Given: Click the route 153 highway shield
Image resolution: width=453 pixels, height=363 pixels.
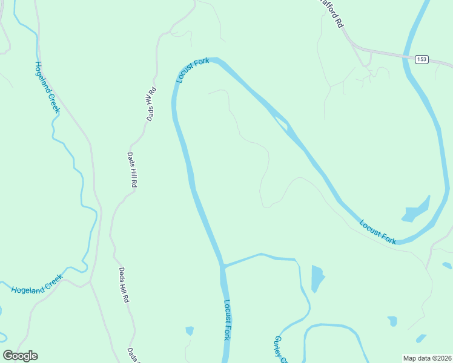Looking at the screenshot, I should point(422,59).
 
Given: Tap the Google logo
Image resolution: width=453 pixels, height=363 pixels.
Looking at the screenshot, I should point(20,356).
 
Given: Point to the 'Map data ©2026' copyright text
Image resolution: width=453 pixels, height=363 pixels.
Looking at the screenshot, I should point(427,358).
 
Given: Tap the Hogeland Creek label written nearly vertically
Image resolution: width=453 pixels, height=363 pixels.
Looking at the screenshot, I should point(47,87).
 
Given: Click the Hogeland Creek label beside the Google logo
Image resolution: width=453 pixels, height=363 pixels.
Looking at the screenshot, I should point(36,284).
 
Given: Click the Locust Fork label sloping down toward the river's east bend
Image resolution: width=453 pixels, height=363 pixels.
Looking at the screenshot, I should point(378,232).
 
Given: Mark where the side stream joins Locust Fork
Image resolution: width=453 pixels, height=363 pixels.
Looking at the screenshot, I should point(223,265).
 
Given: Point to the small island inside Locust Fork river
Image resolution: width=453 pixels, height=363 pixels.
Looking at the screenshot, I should point(281,124).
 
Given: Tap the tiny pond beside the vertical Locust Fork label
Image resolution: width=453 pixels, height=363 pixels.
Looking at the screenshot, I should point(190,330).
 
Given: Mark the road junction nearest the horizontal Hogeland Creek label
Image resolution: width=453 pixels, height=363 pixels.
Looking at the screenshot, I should point(91,281).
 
